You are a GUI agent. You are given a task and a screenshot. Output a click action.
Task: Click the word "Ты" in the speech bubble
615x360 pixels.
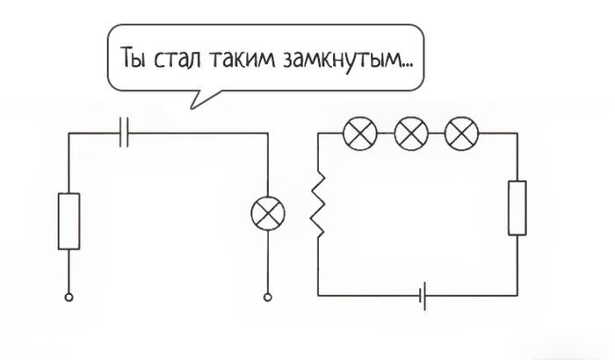click(133, 57)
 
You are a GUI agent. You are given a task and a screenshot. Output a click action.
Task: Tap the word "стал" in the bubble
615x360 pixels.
click(177, 59)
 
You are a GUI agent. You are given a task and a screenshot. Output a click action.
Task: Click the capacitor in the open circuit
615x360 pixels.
click(124, 133)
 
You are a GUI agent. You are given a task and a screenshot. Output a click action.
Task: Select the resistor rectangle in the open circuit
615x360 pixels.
click(69, 221)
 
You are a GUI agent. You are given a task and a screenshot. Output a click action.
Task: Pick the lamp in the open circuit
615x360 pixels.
click(268, 213)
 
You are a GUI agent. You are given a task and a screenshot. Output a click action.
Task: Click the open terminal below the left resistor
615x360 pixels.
click(69, 298)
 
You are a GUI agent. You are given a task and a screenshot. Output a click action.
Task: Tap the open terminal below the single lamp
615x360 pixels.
click(267, 298)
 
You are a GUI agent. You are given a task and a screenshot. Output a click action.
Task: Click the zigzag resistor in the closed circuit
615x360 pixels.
click(318, 204)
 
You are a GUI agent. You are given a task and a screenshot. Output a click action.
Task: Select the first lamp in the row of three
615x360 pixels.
click(360, 133)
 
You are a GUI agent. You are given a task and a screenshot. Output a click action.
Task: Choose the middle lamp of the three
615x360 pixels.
click(411, 133)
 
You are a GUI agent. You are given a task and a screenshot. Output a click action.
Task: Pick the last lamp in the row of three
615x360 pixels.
click(461, 133)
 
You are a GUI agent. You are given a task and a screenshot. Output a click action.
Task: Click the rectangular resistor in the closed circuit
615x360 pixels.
click(517, 208)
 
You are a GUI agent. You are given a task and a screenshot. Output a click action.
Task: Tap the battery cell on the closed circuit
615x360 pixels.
click(423, 296)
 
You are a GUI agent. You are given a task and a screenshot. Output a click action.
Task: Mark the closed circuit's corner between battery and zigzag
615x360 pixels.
click(318, 295)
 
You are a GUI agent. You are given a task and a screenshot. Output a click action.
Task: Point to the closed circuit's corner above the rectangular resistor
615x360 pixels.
click(517, 133)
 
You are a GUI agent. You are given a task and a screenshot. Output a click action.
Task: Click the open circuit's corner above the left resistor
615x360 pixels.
click(69, 133)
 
